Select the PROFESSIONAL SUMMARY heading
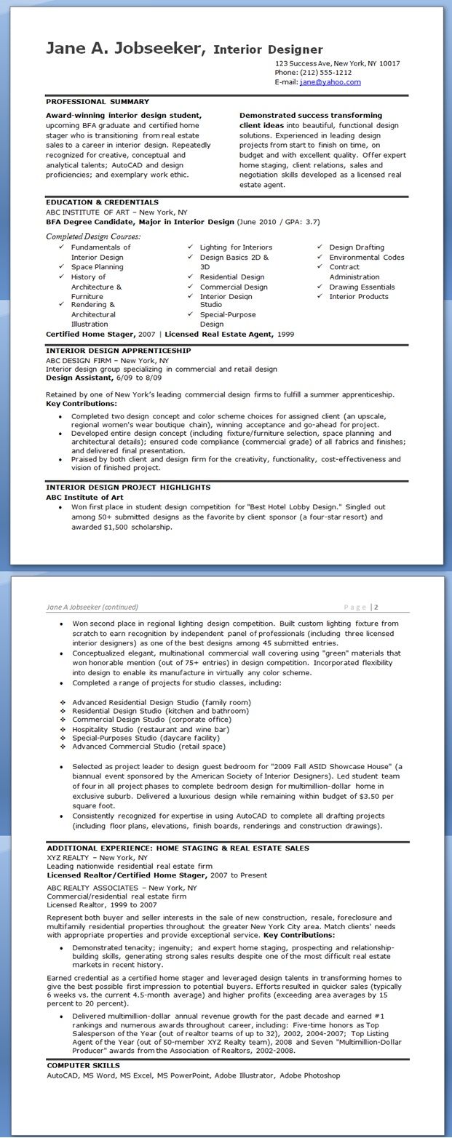click(x=98, y=102)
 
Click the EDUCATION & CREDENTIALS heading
click(x=102, y=202)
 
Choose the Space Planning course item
click(x=97, y=267)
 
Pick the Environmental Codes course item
click(x=366, y=258)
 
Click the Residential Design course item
click(x=232, y=277)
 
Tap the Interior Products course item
click(x=359, y=297)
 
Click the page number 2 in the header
click(x=376, y=607)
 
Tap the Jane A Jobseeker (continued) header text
click(x=92, y=607)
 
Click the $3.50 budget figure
click(x=372, y=797)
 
